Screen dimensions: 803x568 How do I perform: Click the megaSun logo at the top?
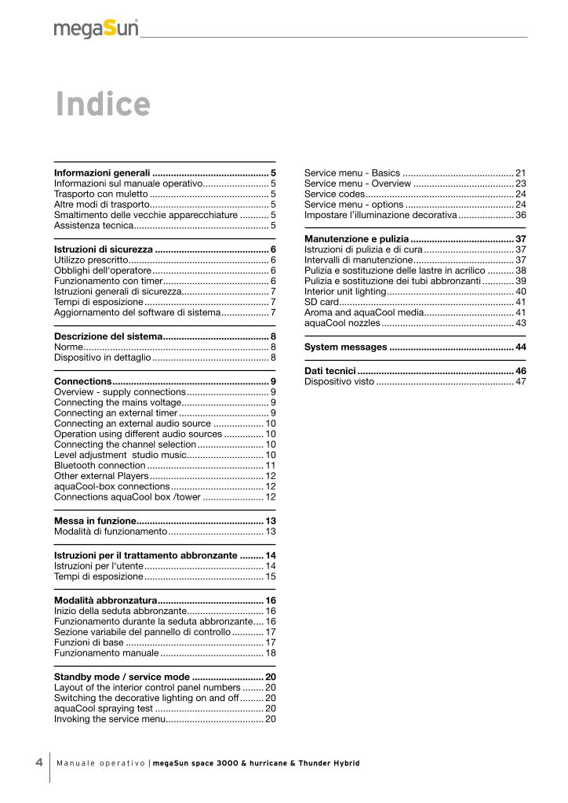click(96, 30)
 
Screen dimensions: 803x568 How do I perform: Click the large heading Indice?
click(102, 104)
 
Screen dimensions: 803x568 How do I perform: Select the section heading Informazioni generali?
click(101, 173)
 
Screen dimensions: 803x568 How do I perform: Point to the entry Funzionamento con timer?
click(107, 281)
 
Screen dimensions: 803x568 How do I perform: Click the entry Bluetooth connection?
click(100, 466)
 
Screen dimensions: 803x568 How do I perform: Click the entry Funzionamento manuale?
click(106, 652)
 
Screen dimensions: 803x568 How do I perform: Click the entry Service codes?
click(334, 194)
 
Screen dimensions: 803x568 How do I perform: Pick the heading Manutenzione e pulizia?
click(356, 238)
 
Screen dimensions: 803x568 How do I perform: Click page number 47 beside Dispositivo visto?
click(520, 382)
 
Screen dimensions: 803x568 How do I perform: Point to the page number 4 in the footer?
click(39, 763)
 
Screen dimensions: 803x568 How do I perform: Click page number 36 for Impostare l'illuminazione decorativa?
click(520, 215)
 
